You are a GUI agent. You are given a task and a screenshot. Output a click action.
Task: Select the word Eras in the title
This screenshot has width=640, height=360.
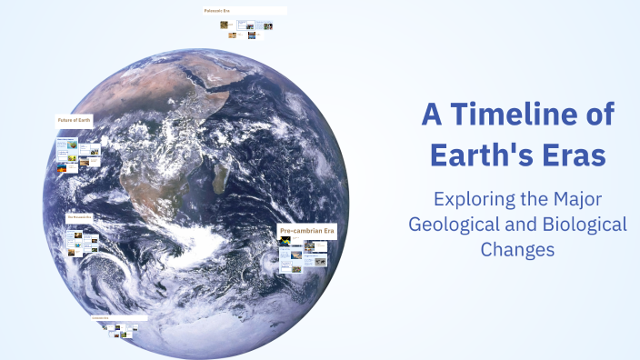[572, 155]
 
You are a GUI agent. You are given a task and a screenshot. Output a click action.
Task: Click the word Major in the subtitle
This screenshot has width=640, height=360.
[575, 198]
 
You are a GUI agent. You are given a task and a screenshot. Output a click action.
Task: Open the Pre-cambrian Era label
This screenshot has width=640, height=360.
[307, 231]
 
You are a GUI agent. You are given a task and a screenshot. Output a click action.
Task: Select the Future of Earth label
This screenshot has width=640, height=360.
[73, 120]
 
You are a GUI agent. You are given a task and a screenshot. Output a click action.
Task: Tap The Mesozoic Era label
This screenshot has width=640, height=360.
[80, 218]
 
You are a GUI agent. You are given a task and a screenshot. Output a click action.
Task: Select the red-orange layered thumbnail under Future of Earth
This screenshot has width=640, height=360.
[62, 169]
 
